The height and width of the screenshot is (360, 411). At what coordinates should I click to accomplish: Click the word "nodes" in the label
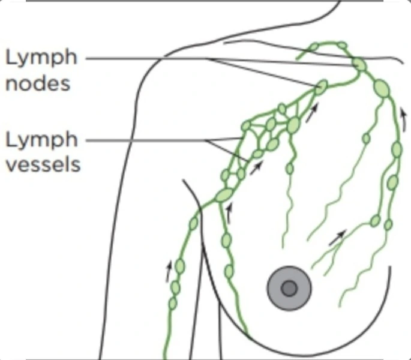[x=38, y=83]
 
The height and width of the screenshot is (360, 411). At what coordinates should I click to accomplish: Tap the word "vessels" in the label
[x=43, y=164]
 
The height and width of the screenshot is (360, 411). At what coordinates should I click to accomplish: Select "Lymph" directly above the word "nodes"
[x=41, y=58]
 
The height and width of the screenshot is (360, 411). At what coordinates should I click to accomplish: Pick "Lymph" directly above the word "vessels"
[x=41, y=140]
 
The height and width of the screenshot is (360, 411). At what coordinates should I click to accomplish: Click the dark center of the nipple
[x=289, y=289]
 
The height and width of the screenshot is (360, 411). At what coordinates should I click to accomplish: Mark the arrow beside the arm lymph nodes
[x=169, y=271]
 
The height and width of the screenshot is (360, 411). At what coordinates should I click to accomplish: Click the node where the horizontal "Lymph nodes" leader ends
[x=359, y=64]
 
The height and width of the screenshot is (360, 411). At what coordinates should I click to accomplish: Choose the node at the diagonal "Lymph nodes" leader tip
[x=322, y=87]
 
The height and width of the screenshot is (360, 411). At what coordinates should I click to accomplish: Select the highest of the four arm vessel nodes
[x=194, y=224]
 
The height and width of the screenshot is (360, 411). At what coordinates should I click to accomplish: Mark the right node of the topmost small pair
[x=341, y=45]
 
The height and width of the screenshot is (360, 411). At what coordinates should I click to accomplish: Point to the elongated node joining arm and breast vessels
[x=223, y=195]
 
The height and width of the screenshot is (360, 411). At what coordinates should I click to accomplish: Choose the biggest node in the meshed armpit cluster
[x=293, y=125]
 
